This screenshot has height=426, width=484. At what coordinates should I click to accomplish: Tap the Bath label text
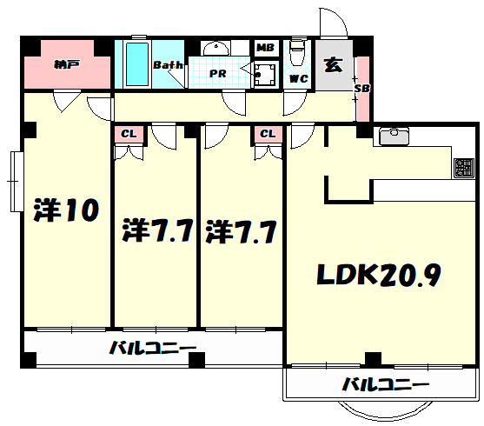point(166,65)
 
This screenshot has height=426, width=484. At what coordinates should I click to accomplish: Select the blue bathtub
point(136,64)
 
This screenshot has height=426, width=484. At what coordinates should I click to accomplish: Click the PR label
point(218,74)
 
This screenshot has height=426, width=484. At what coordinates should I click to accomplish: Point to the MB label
point(265,47)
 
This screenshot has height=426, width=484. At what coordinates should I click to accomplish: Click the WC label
point(297,78)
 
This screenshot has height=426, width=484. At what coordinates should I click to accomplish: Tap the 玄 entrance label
point(332,64)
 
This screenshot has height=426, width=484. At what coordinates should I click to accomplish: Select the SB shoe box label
point(361,88)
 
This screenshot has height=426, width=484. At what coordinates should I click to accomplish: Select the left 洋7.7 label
point(156,232)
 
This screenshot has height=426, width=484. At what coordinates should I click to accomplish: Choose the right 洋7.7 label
point(241,232)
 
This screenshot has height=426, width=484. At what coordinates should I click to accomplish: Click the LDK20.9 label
point(379,276)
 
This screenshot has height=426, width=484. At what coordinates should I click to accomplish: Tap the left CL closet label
point(129,134)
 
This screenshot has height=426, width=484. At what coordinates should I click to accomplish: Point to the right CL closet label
point(268,134)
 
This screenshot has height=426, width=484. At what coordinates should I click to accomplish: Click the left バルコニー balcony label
point(152,349)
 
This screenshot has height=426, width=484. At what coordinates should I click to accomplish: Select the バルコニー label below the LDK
point(384,384)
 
